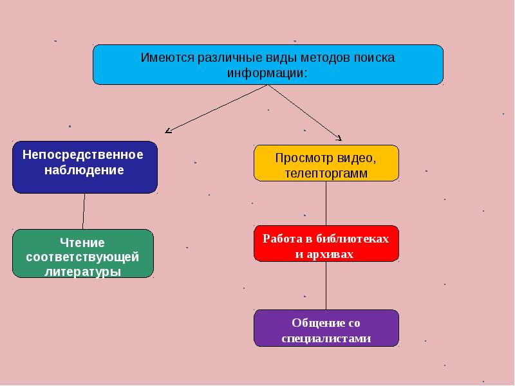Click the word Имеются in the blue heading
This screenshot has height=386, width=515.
pyautogui.click(x=167, y=58)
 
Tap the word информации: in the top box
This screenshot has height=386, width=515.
pyautogui.click(x=267, y=73)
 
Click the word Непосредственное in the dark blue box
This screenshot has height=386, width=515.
pyautogui.click(x=83, y=154)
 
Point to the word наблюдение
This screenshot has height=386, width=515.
pyautogui.click(x=84, y=170)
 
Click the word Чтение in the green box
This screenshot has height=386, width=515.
pyautogui.click(x=82, y=243)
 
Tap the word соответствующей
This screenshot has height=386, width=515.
pyautogui.click(x=82, y=257)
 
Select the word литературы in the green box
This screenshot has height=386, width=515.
pyautogui.click(x=82, y=271)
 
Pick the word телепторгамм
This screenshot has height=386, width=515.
pyautogui.click(x=326, y=173)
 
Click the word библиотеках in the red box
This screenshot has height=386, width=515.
pyautogui.click(x=352, y=239)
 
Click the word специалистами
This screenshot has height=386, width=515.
pyautogui.click(x=326, y=338)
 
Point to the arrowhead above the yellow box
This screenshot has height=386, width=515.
pyautogui.click(x=339, y=138)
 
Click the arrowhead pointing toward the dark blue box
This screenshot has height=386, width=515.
pyautogui.click(x=168, y=131)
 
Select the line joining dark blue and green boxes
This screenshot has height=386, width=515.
pyautogui.click(x=84, y=212)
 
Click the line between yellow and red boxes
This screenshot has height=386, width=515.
pyautogui.click(x=326, y=203)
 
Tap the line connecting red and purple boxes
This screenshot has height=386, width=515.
pyautogui.click(x=326, y=286)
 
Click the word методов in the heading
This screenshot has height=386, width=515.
pyautogui.click(x=326, y=58)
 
